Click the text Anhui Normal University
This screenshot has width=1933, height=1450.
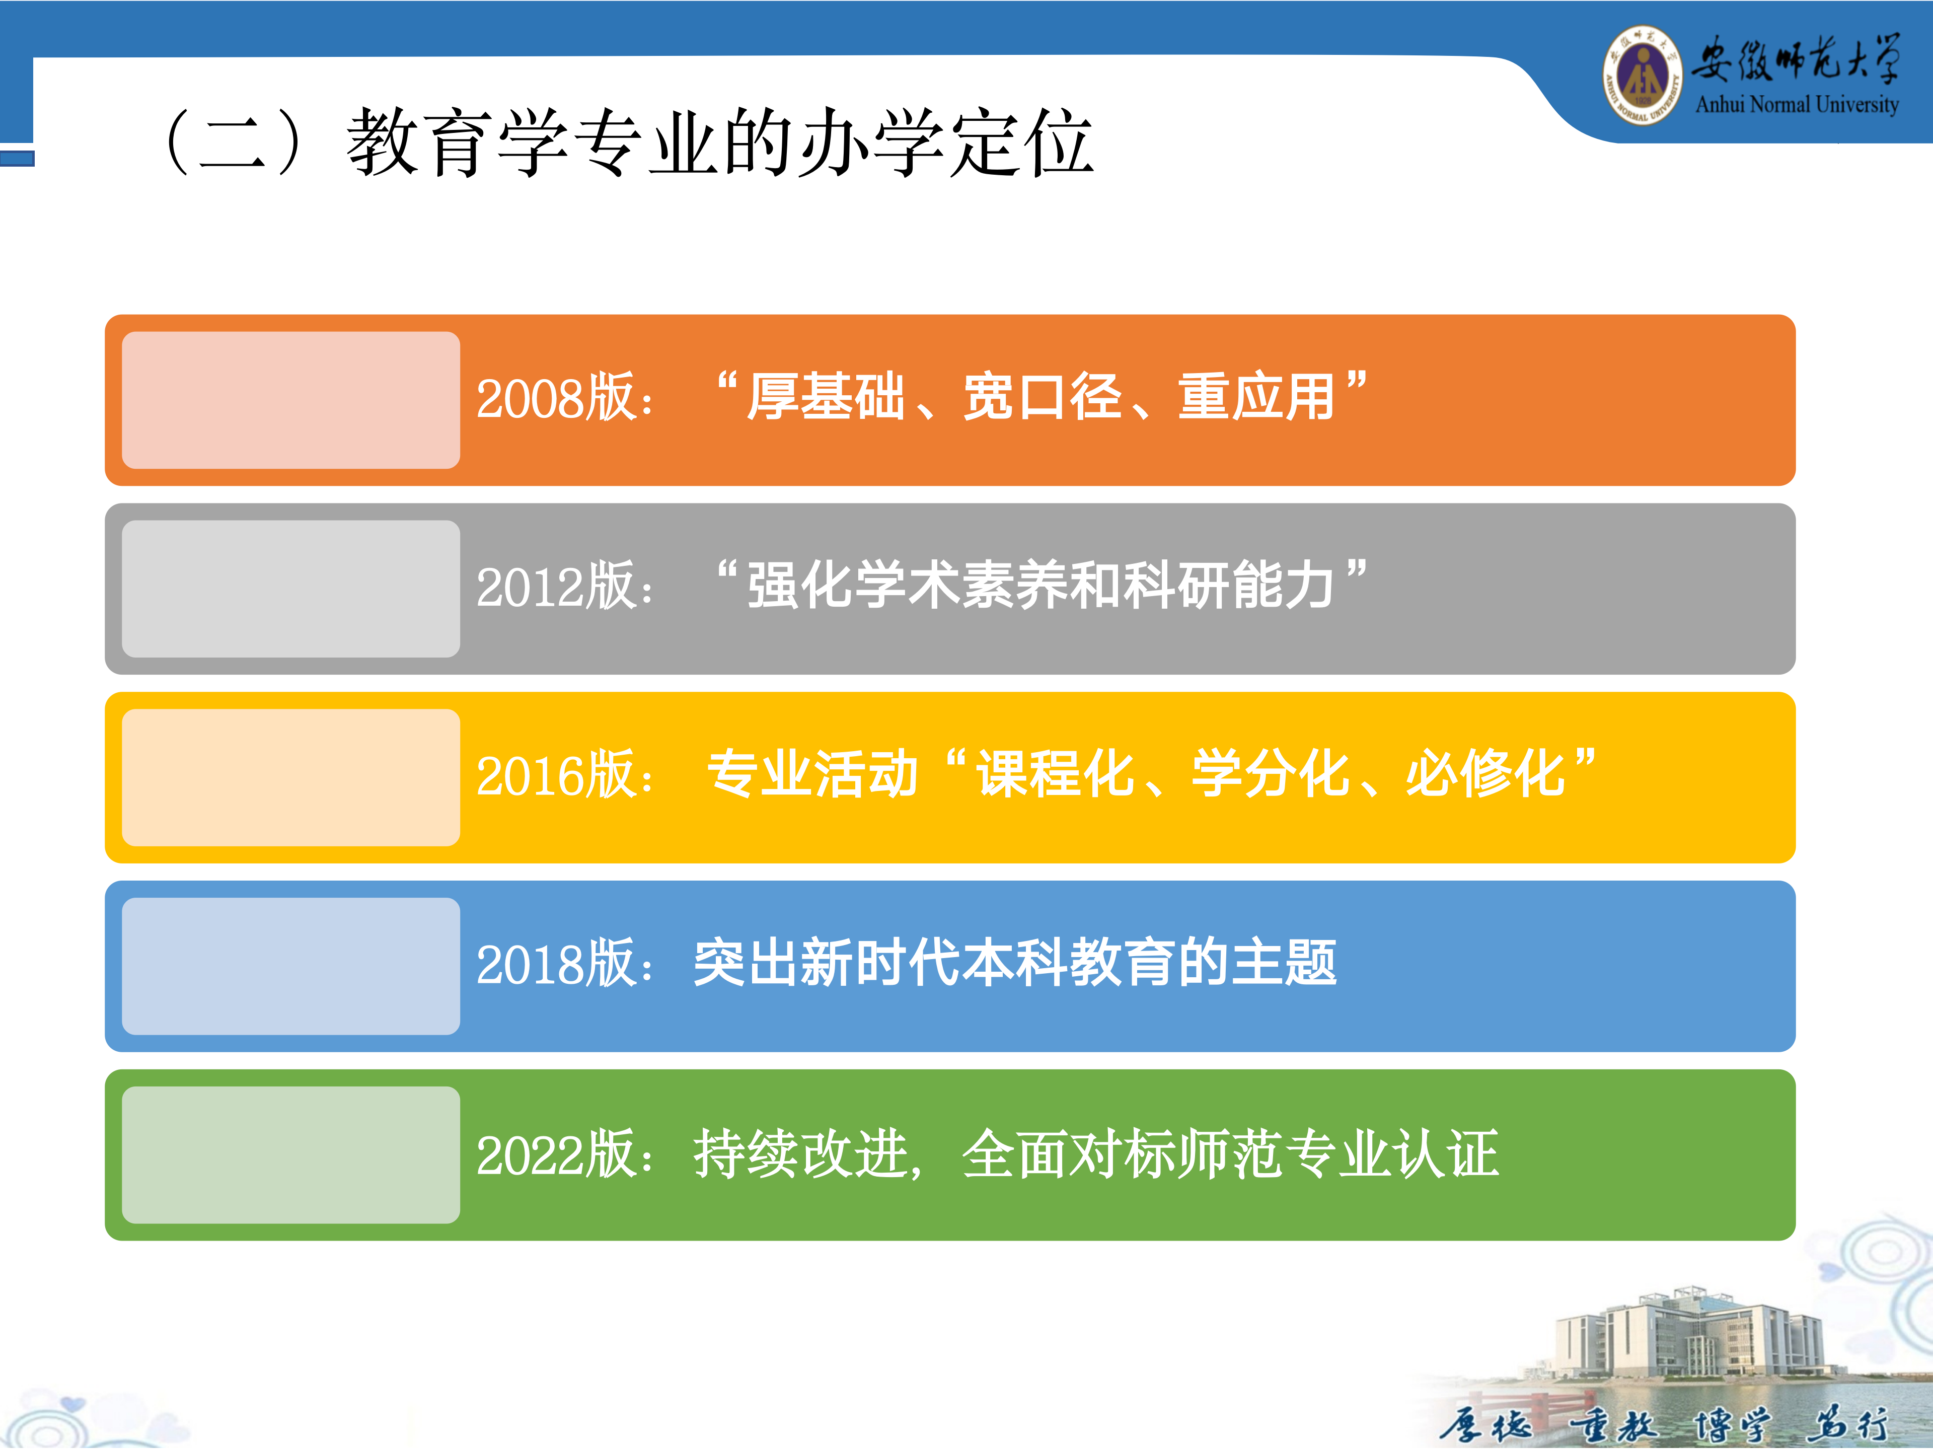pyautogui.click(x=1797, y=105)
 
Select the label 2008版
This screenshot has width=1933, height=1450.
pyautogui.click(x=556, y=399)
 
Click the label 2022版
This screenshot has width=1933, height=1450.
pyautogui.click(x=556, y=1154)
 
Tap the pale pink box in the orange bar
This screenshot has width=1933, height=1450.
pyautogui.click(x=291, y=400)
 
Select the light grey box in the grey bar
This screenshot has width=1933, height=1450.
pyautogui.click(x=291, y=589)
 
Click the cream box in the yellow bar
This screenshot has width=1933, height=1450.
pyautogui.click(x=291, y=778)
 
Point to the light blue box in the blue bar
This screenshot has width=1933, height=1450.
pyautogui.click(x=291, y=967)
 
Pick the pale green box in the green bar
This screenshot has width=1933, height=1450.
pyautogui.click(x=291, y=1155)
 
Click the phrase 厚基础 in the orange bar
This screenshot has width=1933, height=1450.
pyautogui.click(x=827, y=398)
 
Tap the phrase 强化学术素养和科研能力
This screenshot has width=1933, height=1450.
pyautogui.click(x=1041, y=586)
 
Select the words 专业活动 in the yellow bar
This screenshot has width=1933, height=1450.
pyautogui.click(x=812, y=774)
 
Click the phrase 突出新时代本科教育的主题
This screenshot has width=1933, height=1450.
pyautogui.click(x=1015, y=963)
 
